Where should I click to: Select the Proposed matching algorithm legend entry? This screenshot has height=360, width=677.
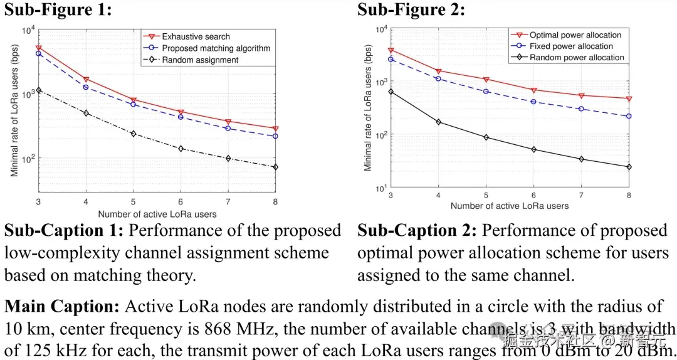coord(216,48)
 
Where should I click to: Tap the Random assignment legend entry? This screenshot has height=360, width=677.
coord(200,60)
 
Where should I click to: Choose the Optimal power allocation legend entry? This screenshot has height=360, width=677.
coord(575,35)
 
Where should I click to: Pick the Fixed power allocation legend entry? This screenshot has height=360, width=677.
coord(571,46)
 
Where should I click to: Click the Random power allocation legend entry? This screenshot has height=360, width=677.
coord(577,58)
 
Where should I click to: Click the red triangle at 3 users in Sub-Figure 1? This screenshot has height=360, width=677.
coord(39,48)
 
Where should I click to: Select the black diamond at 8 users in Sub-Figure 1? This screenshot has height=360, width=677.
coord(275,167)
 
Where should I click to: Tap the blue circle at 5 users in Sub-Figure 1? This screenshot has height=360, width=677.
coord(134,104)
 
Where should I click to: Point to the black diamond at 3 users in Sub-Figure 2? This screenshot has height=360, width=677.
coord(391,92)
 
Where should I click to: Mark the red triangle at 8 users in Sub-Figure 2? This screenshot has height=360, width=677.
coord(629,98)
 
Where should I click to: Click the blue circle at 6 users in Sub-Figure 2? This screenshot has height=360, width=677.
coord(533,102)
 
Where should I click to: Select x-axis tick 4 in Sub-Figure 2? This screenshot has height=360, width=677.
coord(439,194)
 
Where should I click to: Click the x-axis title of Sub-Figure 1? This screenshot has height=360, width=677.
coord(157,214)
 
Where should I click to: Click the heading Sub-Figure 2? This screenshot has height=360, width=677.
coord(411,9)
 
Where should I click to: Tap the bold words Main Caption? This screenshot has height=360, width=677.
coord(61,307)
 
